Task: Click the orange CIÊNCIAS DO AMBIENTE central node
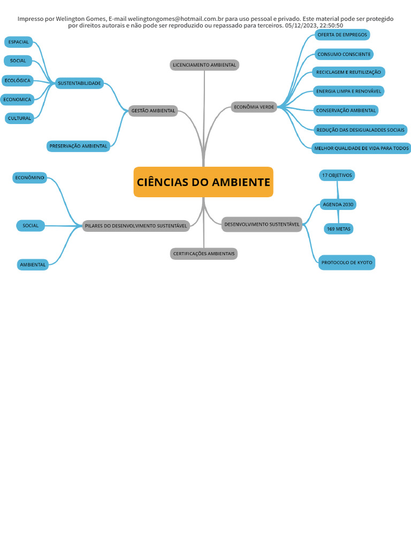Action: [203, 182]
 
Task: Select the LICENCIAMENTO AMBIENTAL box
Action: [204, 65]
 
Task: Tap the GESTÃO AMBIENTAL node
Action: [153, 111]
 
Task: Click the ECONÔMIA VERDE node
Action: [254, 107]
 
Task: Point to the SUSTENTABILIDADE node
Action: [79, 83]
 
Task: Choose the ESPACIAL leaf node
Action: [19, 42]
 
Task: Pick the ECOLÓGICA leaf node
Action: [18, 80]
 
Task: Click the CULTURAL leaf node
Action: [20, 118]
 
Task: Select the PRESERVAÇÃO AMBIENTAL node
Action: [78, 146]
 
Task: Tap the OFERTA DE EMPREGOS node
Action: [342, 35]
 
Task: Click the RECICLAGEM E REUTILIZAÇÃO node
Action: [348, 72]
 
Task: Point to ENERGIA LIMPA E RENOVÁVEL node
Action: [348, 91]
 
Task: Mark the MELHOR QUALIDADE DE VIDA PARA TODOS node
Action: [361, 148]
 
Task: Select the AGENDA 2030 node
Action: [338, 204]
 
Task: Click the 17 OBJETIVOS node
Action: [337, 175]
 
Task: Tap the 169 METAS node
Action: [339, 229]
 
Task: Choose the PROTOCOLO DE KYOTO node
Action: [347, 262]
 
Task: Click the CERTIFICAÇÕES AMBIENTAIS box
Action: [204, 253]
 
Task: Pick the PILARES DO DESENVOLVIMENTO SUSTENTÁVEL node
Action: [136, 226]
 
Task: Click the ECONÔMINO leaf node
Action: [30, 177]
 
